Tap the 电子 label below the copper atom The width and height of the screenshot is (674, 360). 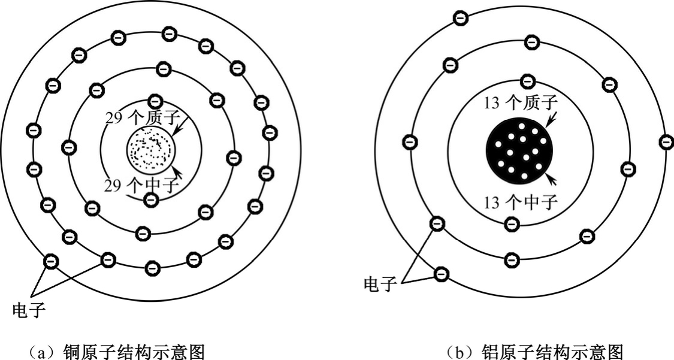pyautogui.click(x=28, y=310)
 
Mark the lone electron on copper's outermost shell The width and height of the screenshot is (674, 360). pyautogui.click(x=52, y=261)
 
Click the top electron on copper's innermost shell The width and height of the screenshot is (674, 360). pyautogui.click(x=155, y=100)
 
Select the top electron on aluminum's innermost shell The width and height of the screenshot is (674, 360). pyautogui.click(x=527, y=80)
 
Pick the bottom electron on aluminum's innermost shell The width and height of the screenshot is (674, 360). pyautogui.click(x=512, y=225)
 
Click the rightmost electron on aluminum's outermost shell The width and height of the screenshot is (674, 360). pyautogui.click(x=666, y=142)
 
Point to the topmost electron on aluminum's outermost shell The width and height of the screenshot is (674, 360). pyautogui.click(x=461, y=18)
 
